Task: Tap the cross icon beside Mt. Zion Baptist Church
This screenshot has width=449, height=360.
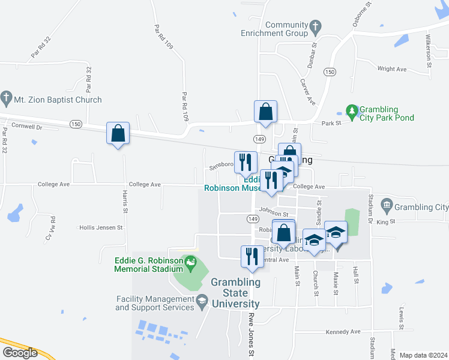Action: [x=7, y=97]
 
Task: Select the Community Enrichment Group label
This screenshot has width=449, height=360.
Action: [x=286, y=29]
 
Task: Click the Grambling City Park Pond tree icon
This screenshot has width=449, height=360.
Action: [x=351, y=110]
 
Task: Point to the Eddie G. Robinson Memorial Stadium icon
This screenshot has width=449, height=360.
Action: [x=191, y=262]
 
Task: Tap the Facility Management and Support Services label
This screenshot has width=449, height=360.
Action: [x=154, y=303]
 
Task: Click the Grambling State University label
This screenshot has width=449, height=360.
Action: [x=235, y=293]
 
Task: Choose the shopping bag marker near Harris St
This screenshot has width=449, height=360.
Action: [x=118, y=134]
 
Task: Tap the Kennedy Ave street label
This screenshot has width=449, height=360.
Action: [x=343, y=332]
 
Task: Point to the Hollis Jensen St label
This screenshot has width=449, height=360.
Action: [x=101, y=228]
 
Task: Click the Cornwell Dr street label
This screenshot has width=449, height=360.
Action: [x=27, y=127]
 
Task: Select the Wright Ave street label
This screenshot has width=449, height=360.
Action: [x=393, y=69]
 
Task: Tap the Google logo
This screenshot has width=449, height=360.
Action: [x=20, y=353]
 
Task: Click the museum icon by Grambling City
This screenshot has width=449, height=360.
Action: [x=386, y=206]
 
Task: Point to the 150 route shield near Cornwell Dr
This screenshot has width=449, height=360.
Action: [x=75, y=124]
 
